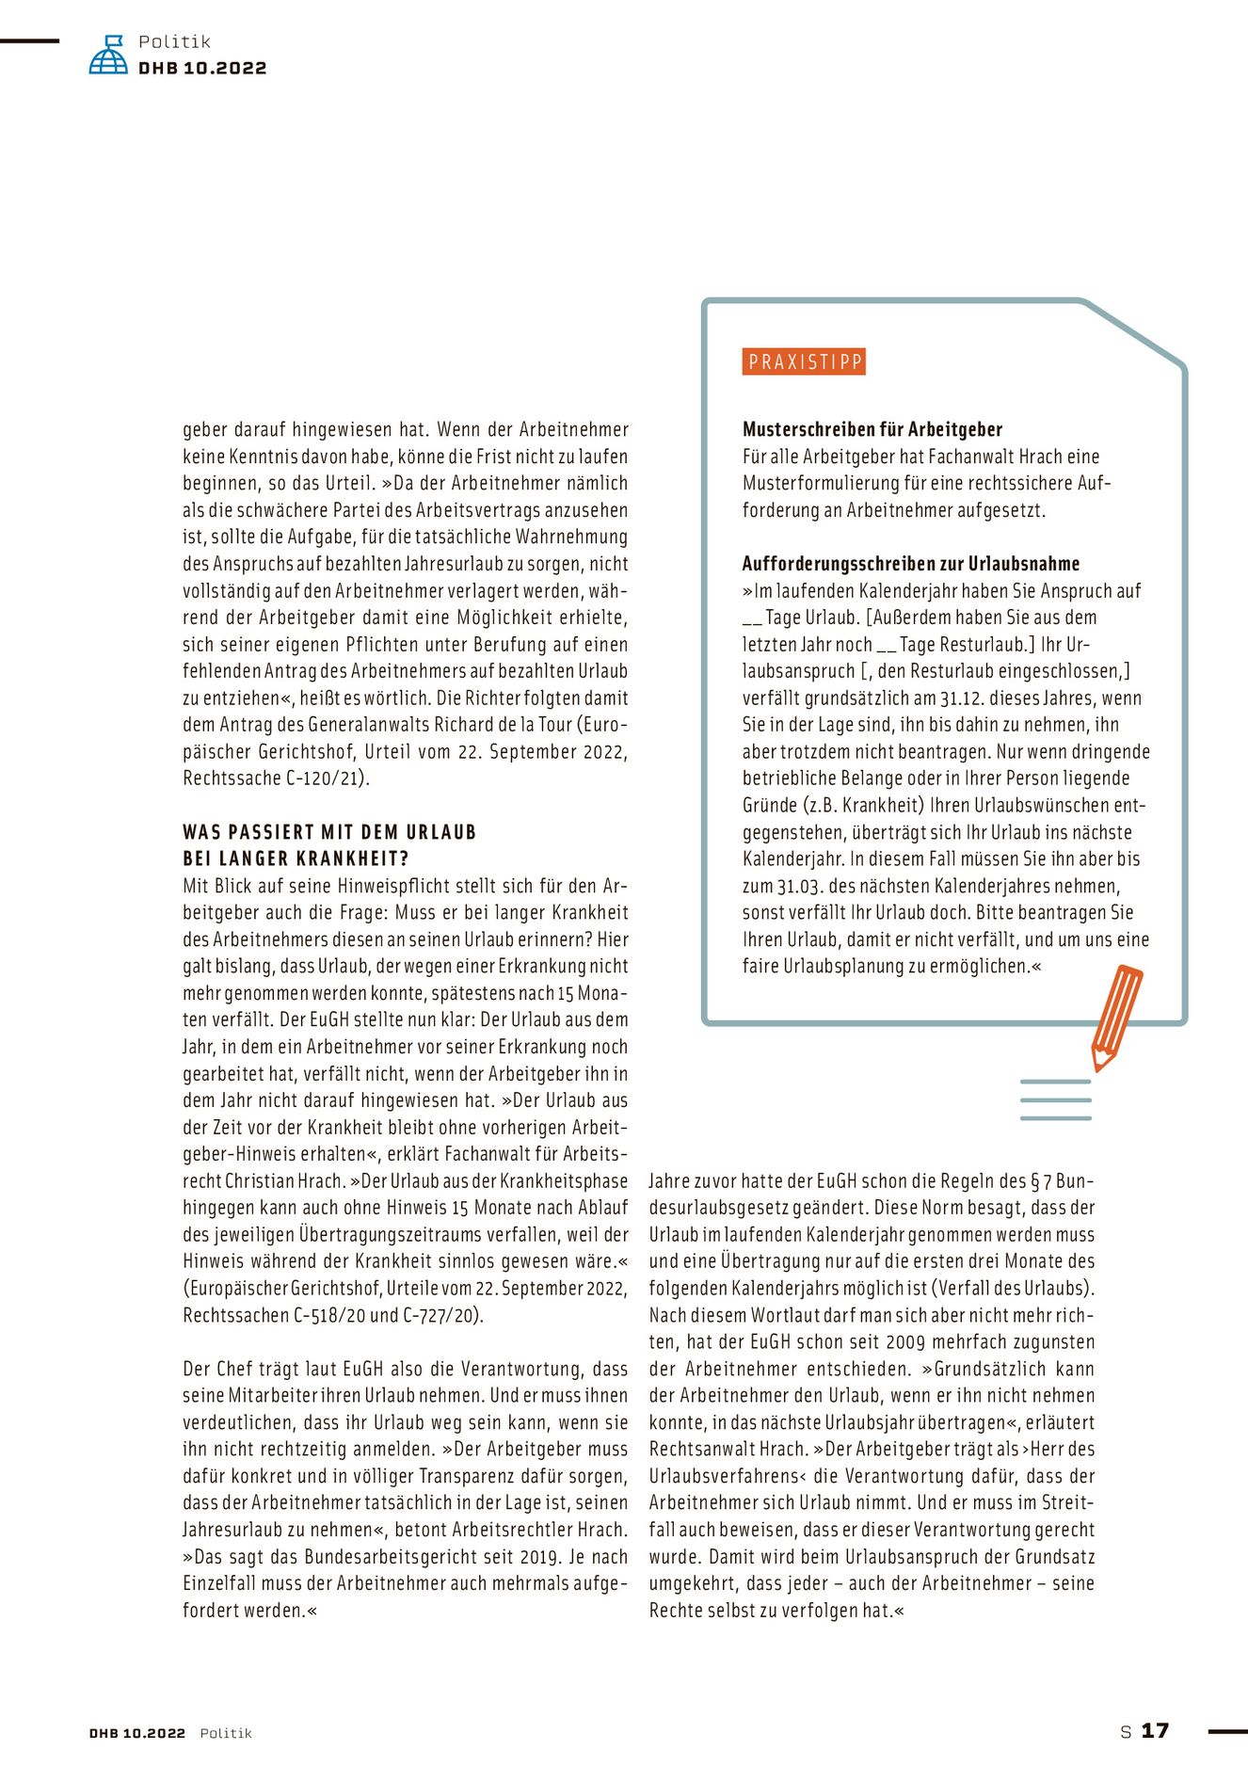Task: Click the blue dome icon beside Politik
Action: [108, 56]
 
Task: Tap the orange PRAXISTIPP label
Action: [804, 362]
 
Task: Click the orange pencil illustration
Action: [1116, 1017]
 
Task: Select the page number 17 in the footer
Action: [1155, 1730]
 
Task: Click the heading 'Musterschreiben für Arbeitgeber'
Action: [872, 429]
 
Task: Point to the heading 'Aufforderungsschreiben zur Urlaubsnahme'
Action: [910, 564]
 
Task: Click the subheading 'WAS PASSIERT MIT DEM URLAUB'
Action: [329, 832]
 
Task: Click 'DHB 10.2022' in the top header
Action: [202, 69]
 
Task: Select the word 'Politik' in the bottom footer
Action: [226, 1733]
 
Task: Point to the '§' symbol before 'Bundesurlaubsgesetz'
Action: [1034, 1181]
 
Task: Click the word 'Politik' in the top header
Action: [174, 41]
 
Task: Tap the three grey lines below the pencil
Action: [1055, 1099]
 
